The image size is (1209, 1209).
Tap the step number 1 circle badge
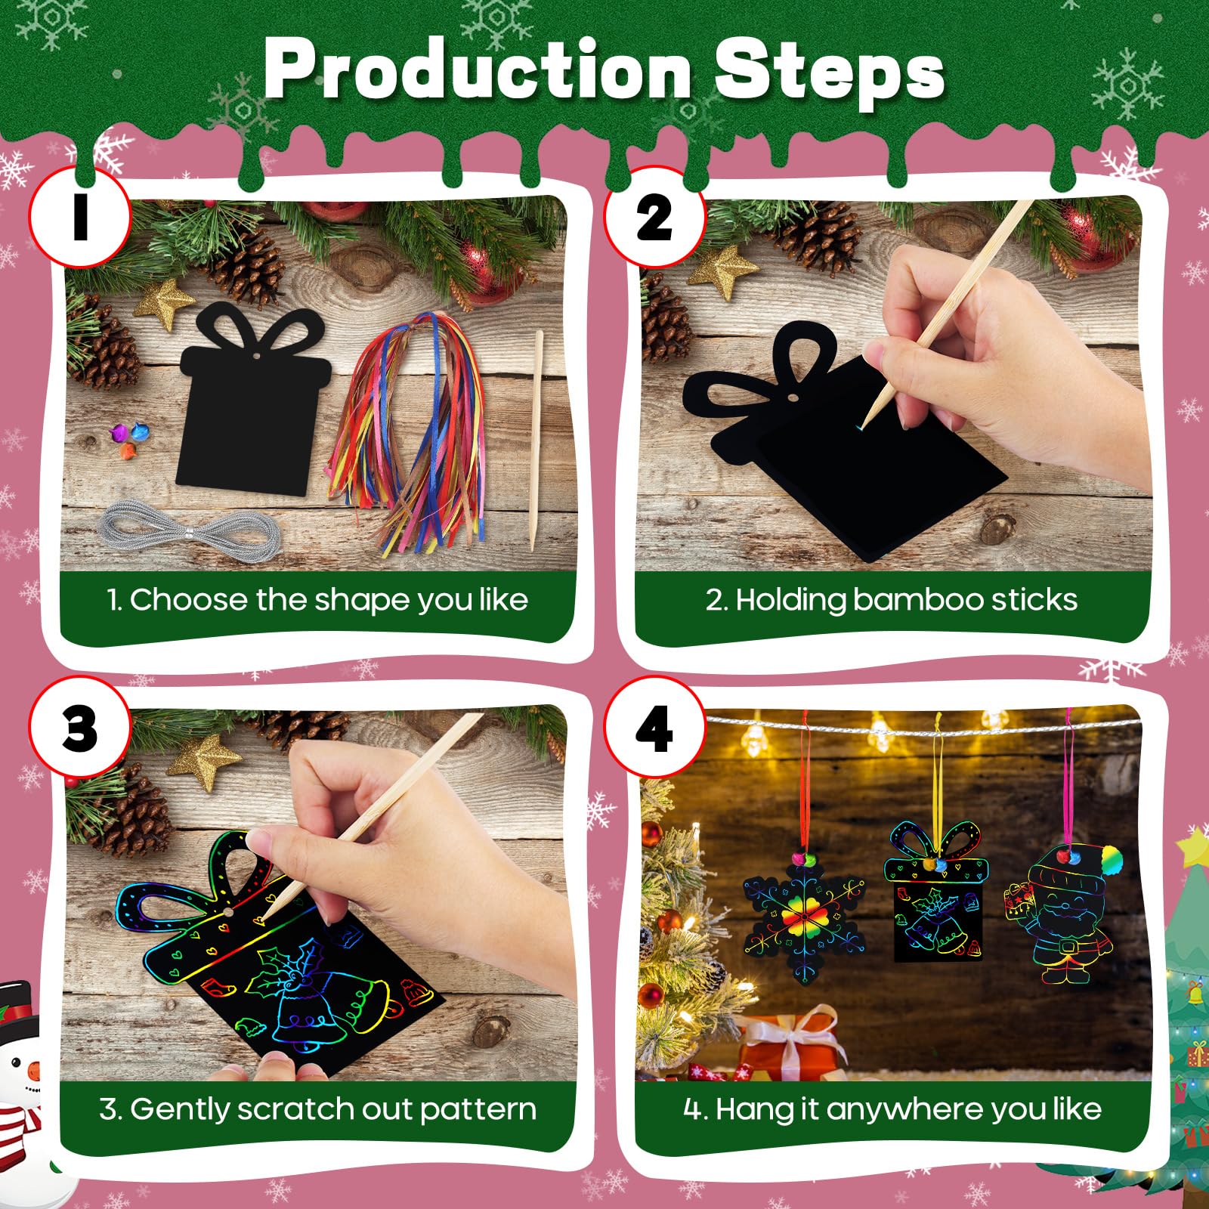79,217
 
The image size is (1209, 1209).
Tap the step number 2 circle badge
654,217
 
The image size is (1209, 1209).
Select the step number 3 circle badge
79,727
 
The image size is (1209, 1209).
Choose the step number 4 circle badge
654,727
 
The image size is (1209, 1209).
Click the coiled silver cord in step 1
188,532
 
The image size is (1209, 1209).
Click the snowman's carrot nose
33,1071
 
